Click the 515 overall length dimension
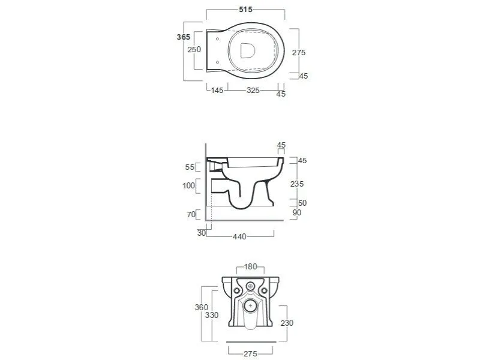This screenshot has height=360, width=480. (245, 10)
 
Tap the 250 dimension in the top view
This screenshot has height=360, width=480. (194, 50)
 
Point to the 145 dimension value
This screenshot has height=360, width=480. (217, 91)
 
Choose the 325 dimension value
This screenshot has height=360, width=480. (253, 91)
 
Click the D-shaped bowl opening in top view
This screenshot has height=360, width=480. (247, 51)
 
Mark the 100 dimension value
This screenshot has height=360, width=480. (188, 185)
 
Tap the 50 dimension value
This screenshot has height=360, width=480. (302, 203)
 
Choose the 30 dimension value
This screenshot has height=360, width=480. (202, 233)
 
